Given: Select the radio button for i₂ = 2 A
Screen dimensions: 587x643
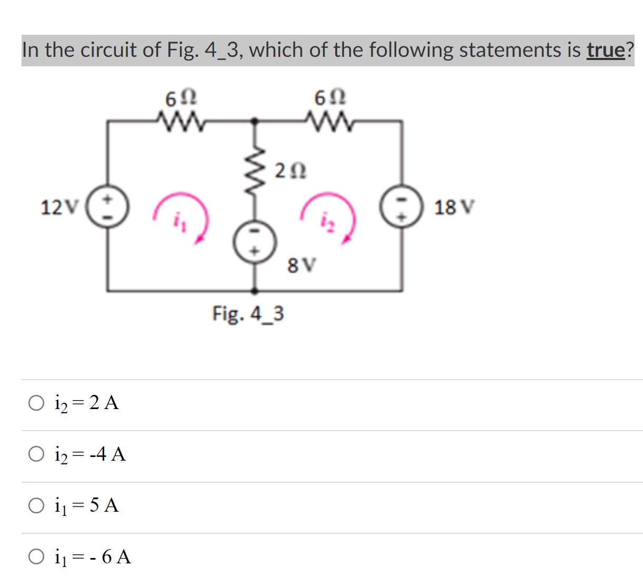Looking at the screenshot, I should click(x=36, y=403).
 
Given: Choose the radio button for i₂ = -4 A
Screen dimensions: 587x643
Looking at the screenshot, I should click(x=36, y=454).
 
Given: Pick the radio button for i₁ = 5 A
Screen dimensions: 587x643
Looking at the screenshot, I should click(x=36, y=505).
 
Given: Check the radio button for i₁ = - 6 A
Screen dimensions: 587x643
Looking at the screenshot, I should click(x=36, y=556).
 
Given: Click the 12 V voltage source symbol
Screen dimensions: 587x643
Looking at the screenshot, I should click(x=108, y=206).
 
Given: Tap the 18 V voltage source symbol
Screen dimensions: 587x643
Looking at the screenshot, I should click(x=402, y=206).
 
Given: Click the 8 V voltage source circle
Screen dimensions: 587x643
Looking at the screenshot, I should click(x=255, y=242).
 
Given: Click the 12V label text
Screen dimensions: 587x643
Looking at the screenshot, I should click(x=59, y=207).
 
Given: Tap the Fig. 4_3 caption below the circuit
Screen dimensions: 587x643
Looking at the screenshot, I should click(x=248, y=314).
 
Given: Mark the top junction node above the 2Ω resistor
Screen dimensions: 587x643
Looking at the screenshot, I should click(x=255, y=121).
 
